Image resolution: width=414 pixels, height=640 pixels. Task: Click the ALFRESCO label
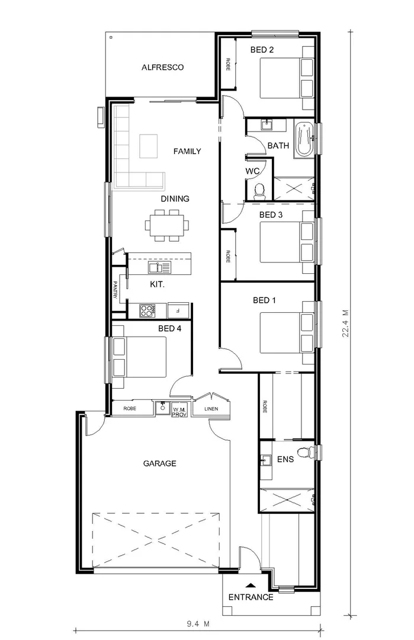(162, 68)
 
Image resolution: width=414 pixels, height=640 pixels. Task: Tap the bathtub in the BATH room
(304, 139)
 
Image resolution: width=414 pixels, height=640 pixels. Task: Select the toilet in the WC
(259, 190)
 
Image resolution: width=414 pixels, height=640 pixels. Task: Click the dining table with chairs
(168, 226)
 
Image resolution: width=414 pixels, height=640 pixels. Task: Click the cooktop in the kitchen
(147, 309)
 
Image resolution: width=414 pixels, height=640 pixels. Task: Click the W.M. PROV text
(179, 411)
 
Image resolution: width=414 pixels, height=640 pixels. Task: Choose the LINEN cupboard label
(211, 409)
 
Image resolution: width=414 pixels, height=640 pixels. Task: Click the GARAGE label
(159, 463)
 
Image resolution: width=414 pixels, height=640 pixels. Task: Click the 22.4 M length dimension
(345, 324)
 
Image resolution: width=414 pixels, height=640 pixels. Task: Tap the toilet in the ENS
(304, 454)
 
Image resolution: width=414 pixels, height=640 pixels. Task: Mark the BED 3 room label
(271, 215)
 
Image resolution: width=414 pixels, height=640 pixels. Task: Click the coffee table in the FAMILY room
(149, 146)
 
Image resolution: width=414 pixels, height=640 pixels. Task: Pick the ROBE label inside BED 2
(227, 65)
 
